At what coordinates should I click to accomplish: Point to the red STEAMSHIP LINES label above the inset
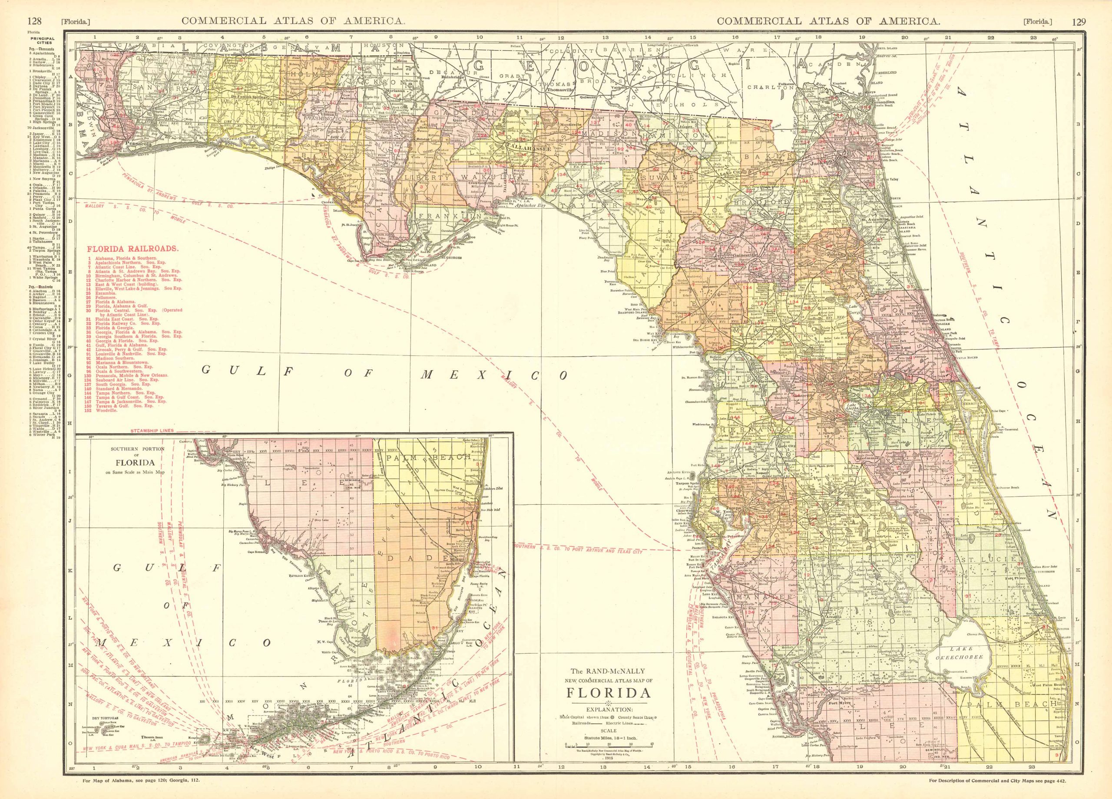[x=153, y=431]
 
